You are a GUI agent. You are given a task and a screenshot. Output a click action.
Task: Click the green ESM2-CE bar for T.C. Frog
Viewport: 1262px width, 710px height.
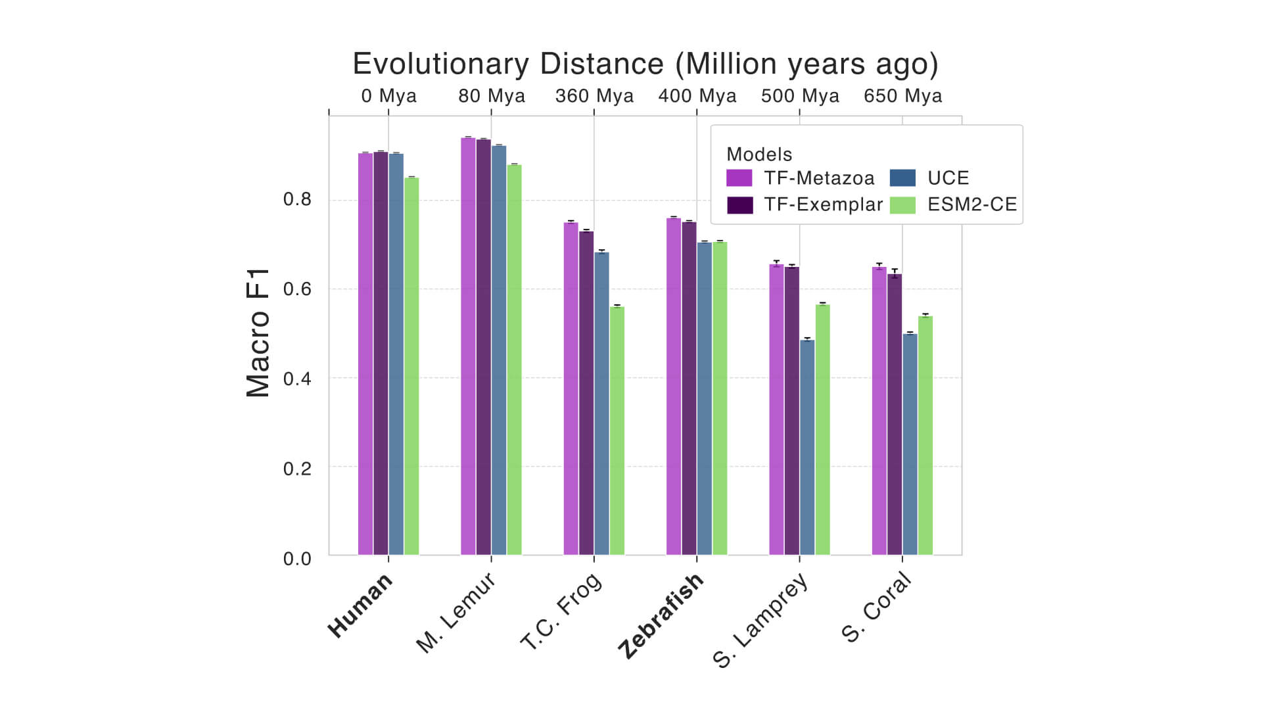[617, 431]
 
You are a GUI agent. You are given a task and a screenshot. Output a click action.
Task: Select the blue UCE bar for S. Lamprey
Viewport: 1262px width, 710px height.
[807, 447]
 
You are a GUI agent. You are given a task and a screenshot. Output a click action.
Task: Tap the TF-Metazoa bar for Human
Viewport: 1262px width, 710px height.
[365, 355]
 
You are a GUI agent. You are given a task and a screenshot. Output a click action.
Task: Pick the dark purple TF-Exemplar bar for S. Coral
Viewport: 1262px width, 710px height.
[895, 414]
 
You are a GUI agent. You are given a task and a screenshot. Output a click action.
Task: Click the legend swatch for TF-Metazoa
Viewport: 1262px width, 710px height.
[739, 178]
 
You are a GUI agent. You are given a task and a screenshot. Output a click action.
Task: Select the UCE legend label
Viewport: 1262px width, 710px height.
[948, 178]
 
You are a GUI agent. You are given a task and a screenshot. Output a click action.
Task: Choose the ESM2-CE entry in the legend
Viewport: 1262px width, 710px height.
[971, 204]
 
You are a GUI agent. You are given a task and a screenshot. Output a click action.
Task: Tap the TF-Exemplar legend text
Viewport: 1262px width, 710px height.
[823, 204]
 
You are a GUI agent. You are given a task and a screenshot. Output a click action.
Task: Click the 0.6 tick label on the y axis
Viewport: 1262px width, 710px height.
[297, 289]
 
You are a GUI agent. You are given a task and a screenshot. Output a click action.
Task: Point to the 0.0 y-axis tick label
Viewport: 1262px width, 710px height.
[297, 559]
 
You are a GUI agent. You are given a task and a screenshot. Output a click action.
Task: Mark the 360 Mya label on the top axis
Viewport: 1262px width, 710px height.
[594, 96]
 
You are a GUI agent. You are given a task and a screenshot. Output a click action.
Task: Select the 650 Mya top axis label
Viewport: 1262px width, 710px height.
[902, 96]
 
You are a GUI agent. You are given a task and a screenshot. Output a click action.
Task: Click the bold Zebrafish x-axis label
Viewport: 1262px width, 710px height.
[661, 616]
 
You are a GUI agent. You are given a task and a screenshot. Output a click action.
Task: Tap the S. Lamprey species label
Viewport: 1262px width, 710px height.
[760, 621]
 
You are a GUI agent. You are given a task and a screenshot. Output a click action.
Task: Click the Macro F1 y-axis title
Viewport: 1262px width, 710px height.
[258, 333]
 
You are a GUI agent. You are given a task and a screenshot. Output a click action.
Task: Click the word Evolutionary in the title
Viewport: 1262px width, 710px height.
[440, 64]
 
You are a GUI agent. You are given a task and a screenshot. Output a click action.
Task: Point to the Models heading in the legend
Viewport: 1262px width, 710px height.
[759, 154]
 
